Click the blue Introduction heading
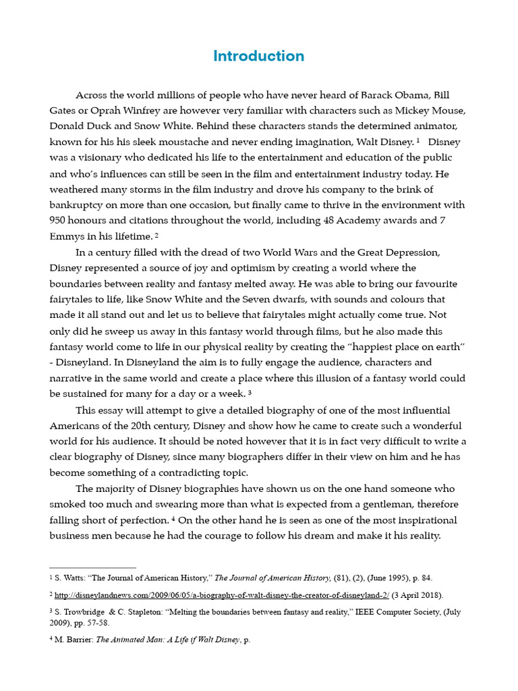[258, 56]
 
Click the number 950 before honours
[59, 220]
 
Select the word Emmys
[67, 236]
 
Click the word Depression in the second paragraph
[410, 252]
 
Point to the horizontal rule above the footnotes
[93, 568]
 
